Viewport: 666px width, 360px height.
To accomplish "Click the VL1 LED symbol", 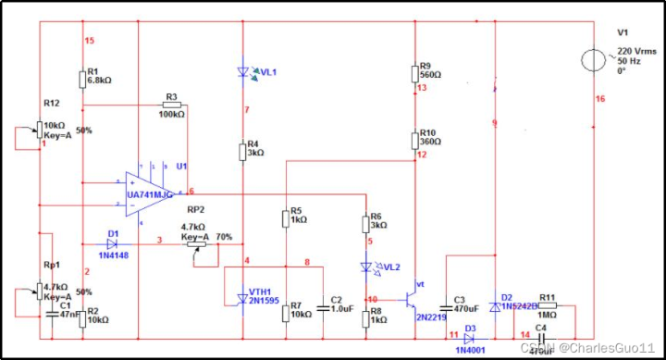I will click(242, 71).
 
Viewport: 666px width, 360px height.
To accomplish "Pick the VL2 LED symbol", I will click(367, 267).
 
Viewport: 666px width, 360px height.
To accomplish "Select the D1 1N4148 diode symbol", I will click(112, 242).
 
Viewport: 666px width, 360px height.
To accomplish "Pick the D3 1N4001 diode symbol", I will click(470, 339).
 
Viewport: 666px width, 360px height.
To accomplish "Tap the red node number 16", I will click(600, 98).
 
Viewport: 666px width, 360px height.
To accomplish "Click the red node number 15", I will click(89, 41).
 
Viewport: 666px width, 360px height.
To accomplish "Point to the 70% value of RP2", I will click(224, 237).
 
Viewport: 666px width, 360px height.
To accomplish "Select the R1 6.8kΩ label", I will click(99, 76).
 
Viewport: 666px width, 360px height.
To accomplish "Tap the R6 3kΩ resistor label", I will click(379, 220).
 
